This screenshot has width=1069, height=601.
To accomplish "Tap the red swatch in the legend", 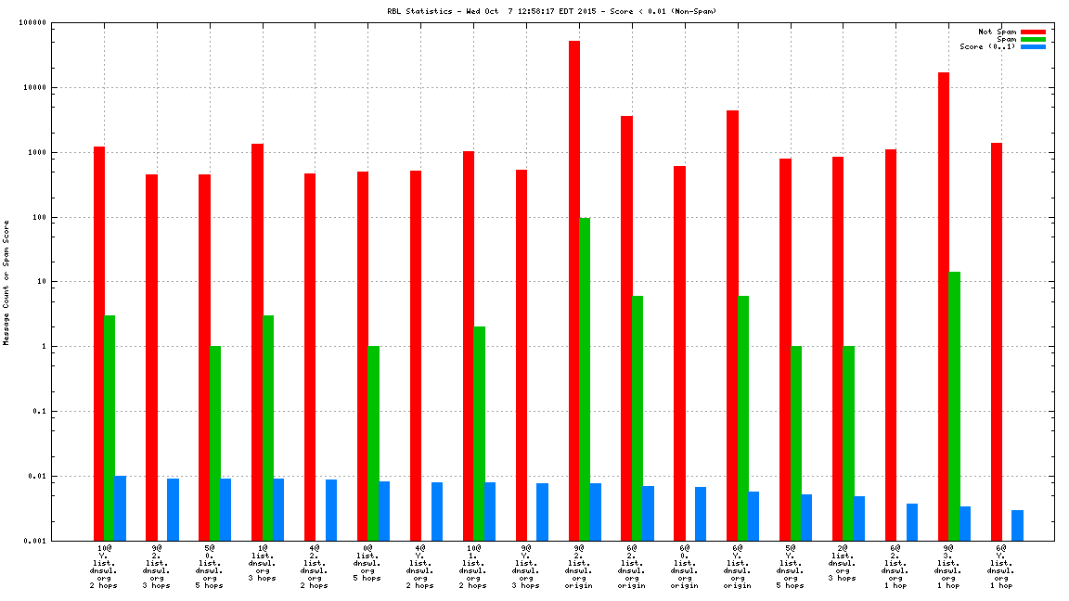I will (1032, 32).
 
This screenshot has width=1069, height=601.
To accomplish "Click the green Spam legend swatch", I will (1032, 39).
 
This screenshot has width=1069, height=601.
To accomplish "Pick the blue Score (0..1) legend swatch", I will (1032, 46).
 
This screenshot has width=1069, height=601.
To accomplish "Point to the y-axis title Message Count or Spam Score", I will (6, 282).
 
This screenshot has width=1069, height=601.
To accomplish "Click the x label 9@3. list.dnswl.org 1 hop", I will (948, 567).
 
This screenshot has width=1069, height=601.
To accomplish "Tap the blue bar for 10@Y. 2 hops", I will (121, 508).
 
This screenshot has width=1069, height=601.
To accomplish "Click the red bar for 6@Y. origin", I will (733, 325).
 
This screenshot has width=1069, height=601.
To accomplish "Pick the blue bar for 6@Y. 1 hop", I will (1018, 525).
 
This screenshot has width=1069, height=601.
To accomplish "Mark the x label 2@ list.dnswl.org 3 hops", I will (843, 563).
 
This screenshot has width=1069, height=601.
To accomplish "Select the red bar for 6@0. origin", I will (680, 353).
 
